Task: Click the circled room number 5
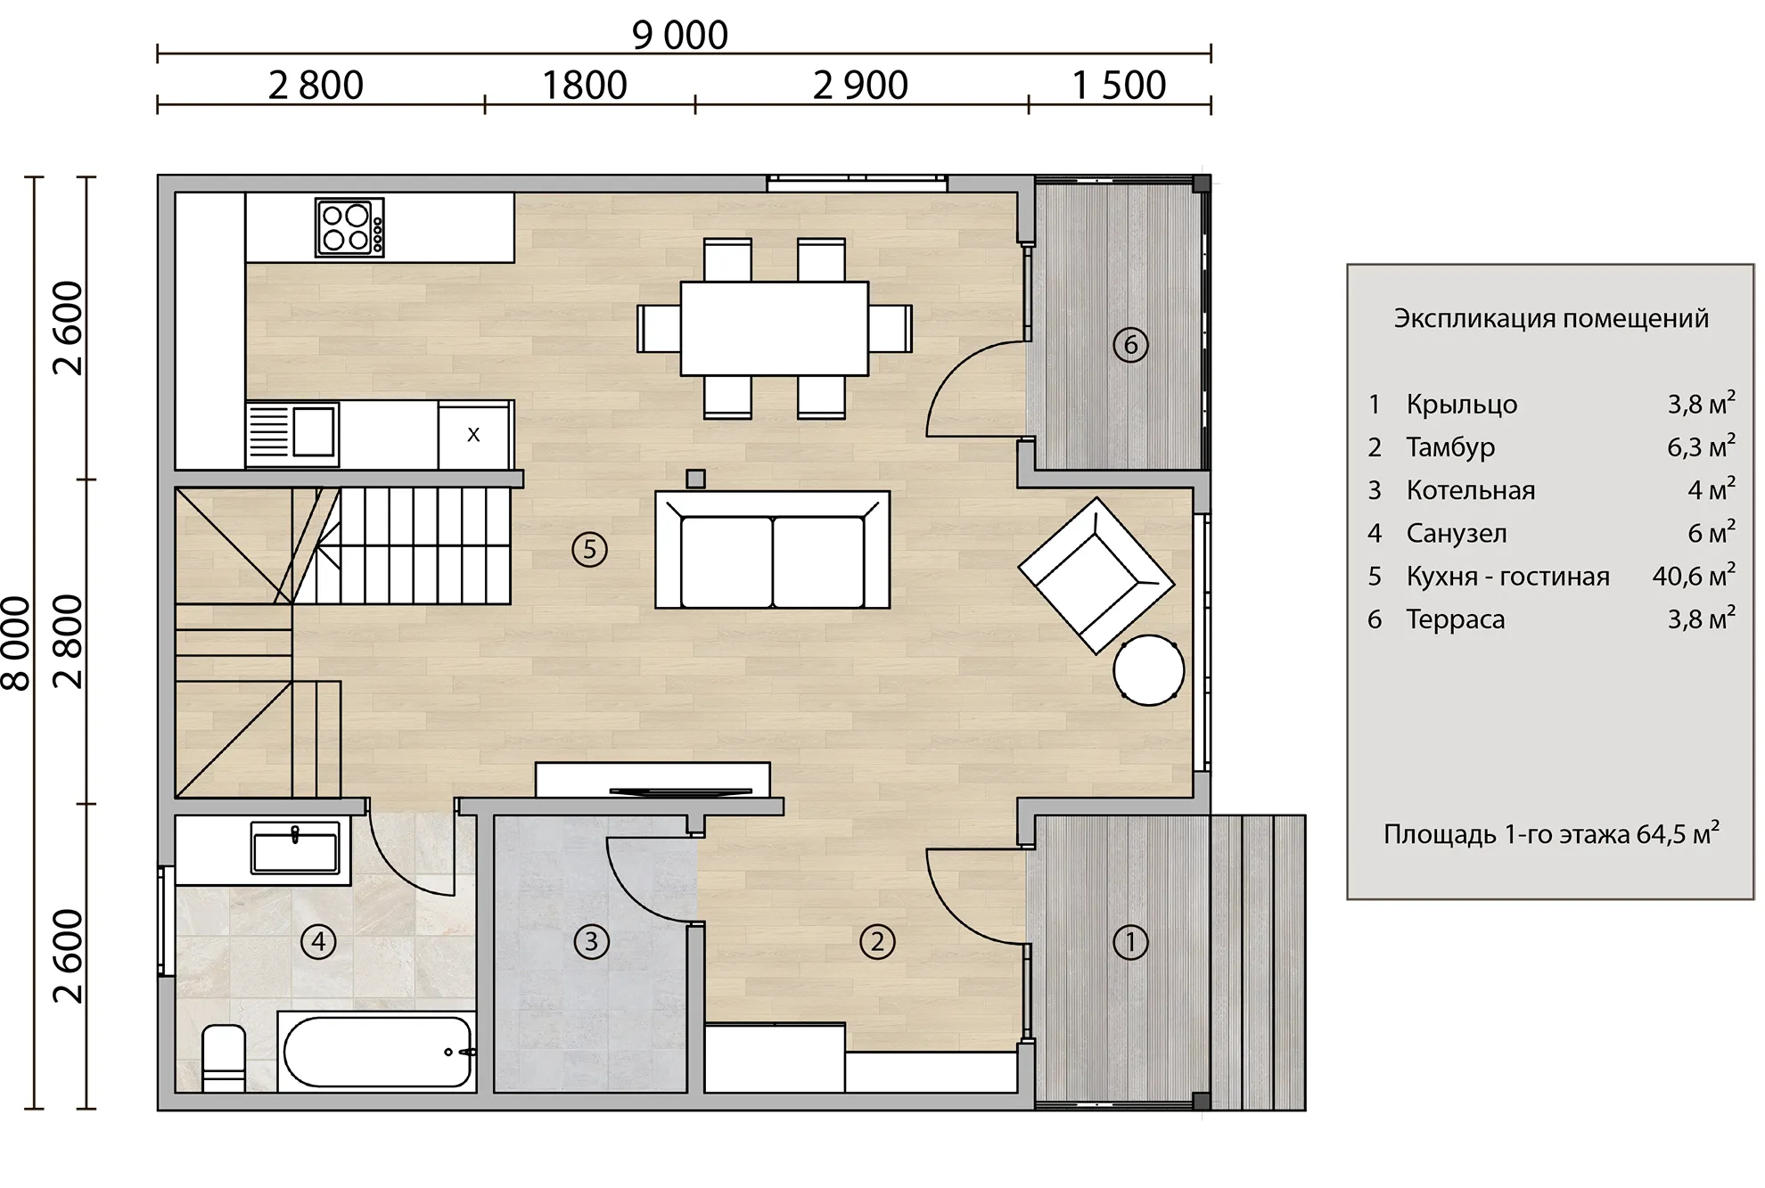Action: [589, 550]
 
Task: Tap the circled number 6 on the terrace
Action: [1130, 344]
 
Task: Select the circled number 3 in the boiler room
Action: [591, 941]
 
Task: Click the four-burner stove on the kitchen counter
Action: [349, 227]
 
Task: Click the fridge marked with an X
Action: [473, 434]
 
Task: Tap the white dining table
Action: [774, 328]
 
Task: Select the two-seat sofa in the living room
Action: [772, 550]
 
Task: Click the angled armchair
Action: [1096, 576]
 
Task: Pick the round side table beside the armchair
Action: [1149, 670]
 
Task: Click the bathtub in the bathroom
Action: [377, 1052]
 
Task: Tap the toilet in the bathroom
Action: [224, 1058]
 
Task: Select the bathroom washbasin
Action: [295, 847]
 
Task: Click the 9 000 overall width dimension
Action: [680, 36]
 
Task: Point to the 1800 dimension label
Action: [585, 86]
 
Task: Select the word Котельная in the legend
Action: [1471, 490]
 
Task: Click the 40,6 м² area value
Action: [1694, 575]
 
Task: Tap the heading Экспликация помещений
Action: [1551, 318]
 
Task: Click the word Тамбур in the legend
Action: [1450, 447]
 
